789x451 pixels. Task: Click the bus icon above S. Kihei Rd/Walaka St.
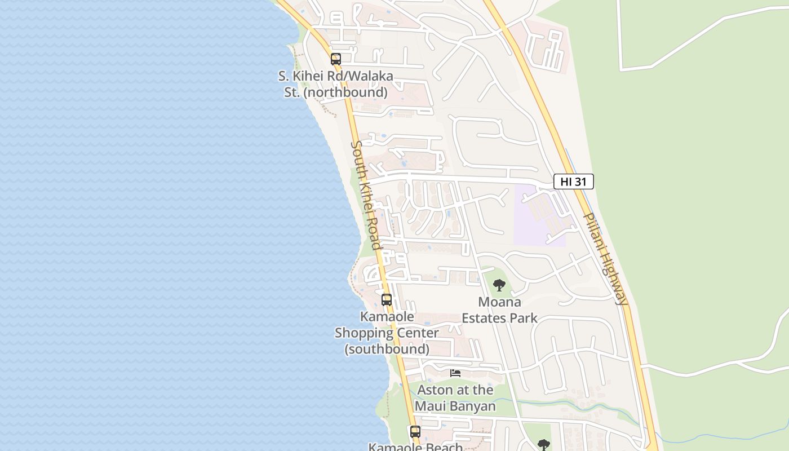coord(335,59)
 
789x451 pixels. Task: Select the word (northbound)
coord(345,92)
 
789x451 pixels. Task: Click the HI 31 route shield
coord(573,182)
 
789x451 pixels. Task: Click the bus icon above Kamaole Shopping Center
coord(386,299)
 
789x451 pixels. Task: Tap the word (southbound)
coord(387,349)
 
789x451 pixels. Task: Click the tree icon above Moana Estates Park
coord(499,285)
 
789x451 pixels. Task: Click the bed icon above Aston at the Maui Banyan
coord(455,373)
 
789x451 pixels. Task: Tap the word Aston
coord(435,390)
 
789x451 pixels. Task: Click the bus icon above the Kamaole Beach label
coord(415,432)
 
